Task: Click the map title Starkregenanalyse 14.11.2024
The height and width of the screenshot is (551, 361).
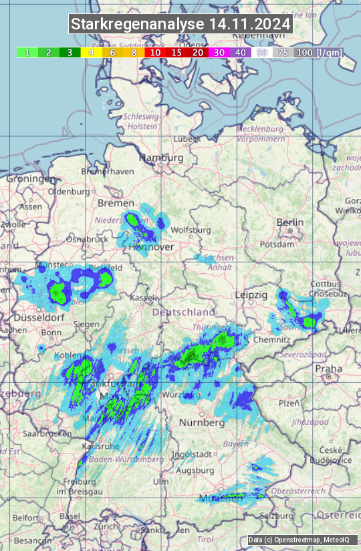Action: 180,25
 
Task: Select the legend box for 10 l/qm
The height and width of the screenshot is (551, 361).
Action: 155,52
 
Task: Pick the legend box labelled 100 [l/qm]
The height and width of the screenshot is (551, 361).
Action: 318,52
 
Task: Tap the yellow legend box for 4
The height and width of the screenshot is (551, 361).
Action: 91,52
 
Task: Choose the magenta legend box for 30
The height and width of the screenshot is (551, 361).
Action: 219,52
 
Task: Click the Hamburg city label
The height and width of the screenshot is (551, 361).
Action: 160,158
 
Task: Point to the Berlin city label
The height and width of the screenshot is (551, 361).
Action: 290,222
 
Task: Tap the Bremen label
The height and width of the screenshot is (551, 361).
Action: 111,202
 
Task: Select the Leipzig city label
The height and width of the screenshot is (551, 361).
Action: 251,295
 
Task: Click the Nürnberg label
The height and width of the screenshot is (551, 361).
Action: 201,423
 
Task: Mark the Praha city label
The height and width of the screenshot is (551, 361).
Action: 328,368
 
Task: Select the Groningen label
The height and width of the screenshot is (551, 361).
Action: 31,179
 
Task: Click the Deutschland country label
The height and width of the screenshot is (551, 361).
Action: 184,312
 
